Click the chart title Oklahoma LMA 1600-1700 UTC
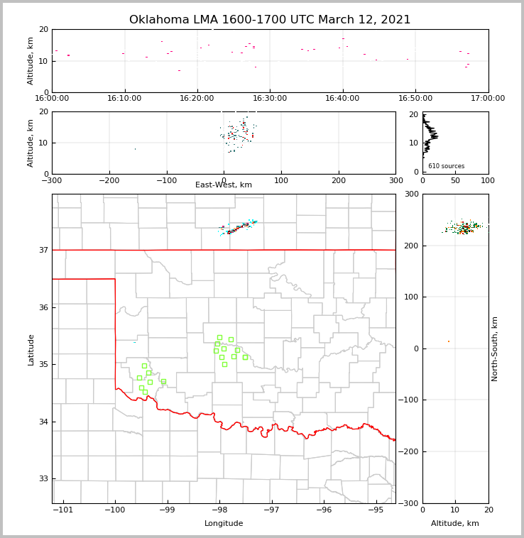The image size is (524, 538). (x=270, y=20)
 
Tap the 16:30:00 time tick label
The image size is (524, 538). (x=270, y=98)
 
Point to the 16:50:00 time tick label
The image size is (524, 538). (x=415, y=98)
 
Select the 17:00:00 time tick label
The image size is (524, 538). (x=488, y=98)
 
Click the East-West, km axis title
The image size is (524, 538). (x=224, y=185)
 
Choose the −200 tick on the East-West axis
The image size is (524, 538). (x=109, y=180)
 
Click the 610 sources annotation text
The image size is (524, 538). (x=446, y=166)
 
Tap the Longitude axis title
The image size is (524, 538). (x=224, y=524)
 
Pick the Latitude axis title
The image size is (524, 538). (x=31, y=349)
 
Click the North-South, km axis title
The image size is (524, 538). (x=495, y=349)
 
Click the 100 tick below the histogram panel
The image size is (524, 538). (x=488, y=180)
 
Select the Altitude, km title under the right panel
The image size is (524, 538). (x=455, y=524)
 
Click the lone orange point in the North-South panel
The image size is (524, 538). (x=448, y=341)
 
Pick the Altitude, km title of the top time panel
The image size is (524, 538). (x=31, y=60)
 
